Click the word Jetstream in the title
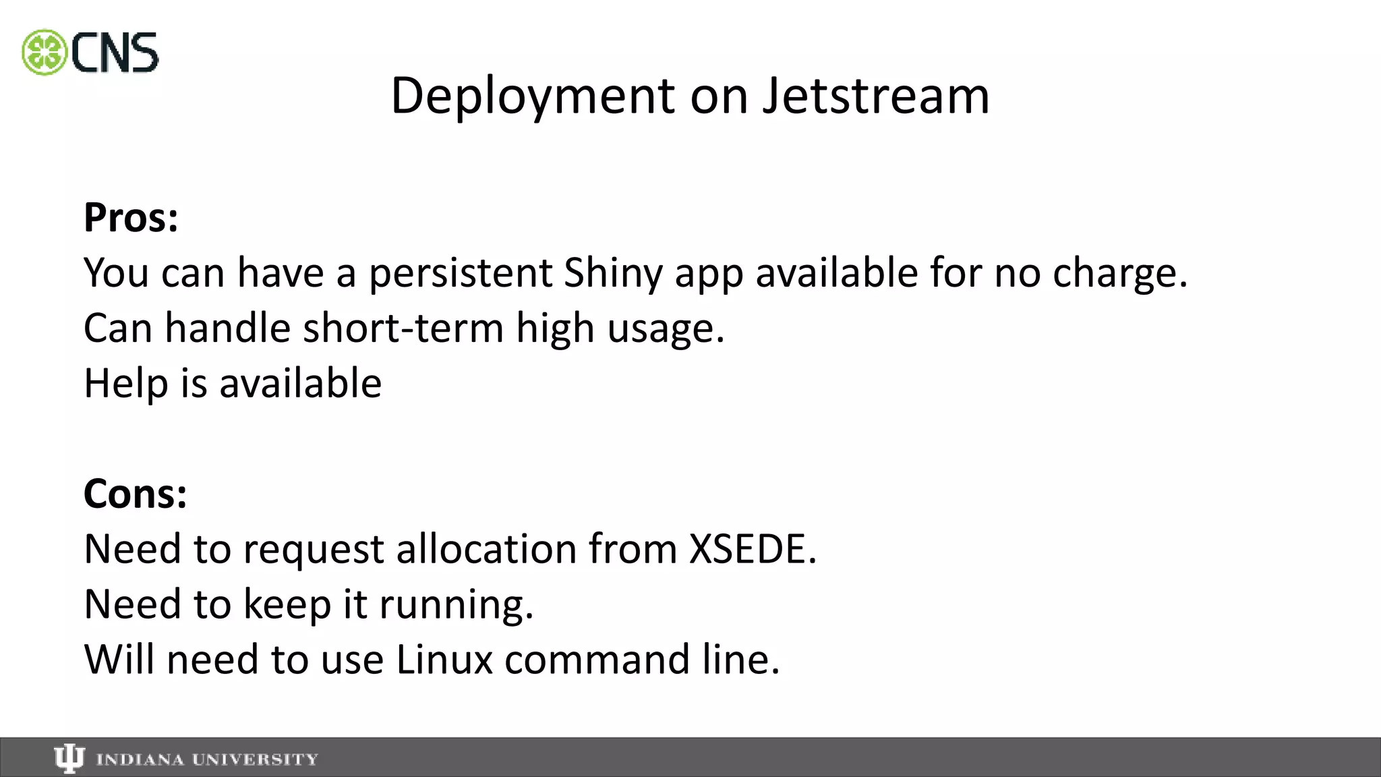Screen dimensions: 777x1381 pyautogui.click(x=876, y=96)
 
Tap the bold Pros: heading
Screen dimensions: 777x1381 pyautogui.click(x=131, y=218)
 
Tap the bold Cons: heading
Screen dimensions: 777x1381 pyautogui.click(x=135, y=494)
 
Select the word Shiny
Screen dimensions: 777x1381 pyautogui.click(x=613, y=273)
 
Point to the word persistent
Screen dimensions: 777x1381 pyautogui.click(x=461, y=273)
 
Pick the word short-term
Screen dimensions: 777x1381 pyautogui.click(x=403, y=328)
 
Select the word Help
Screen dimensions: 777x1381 pyautogui.click(x=125, y=383)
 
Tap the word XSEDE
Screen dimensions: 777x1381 pyautogui.click(x=752, y=548)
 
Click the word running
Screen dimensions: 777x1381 pyautogui.click(x=456, y=604)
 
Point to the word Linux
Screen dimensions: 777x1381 pyautogui.click(x=444, y=659)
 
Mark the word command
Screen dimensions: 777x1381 pyautogui.click(x=597, y=659)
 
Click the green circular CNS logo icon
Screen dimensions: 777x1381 pyautogui.click(x=45, y=53)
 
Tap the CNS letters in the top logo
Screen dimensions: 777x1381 pyautogui.click(x=115, y=53)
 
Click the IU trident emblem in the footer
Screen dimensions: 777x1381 pyautogui.click(x=69, y=759)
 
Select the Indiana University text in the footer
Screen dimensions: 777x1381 pyautogui.click(x=207, y=759)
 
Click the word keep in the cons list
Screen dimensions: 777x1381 pyautogui.click(x=287, y=604)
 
